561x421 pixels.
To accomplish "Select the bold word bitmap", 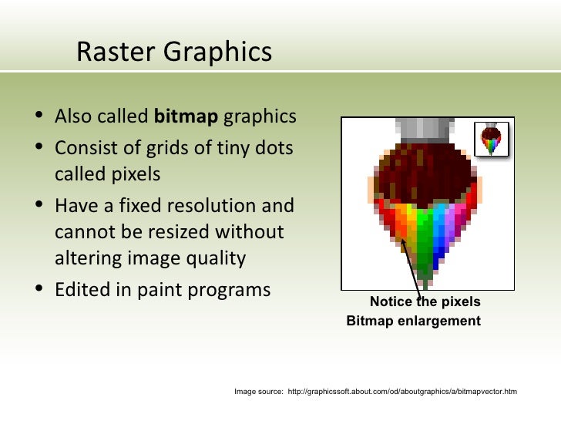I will click(x=186, y=117).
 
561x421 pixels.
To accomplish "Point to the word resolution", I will click(x=209, y=206).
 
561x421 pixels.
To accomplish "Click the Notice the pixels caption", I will click(x=425, y=301).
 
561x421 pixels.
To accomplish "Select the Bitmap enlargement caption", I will click(x=413, y=320).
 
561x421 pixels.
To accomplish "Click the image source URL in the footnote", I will click(x=401, y=392).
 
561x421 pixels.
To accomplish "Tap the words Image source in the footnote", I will click(x=258, y=392).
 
